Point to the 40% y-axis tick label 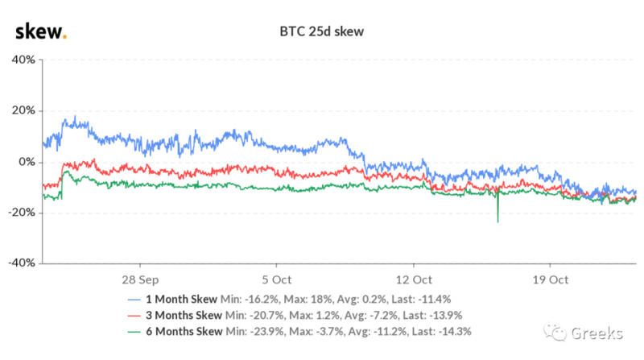22,60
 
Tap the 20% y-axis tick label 22,110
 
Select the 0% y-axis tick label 25,161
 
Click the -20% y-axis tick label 20,212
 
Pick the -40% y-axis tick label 20,263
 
